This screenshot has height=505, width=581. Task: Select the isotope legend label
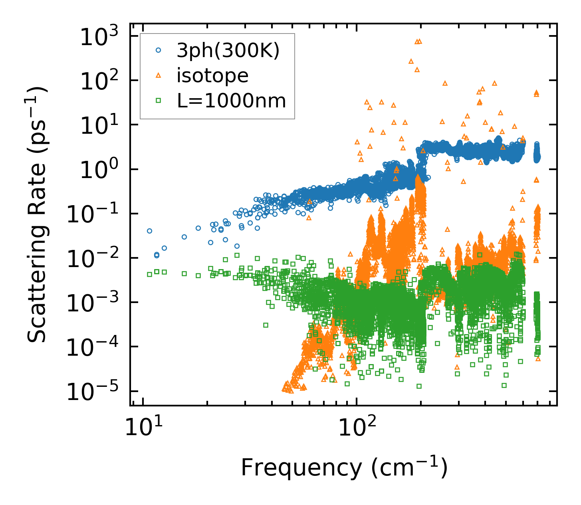[212, 75]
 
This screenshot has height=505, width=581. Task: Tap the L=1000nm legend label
[232, 101]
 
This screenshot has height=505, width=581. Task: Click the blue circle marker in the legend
[158, 51]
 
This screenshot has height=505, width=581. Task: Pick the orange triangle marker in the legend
[158, 75]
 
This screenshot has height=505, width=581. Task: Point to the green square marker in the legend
[158, 101]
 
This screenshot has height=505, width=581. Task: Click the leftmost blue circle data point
[149, 231]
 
